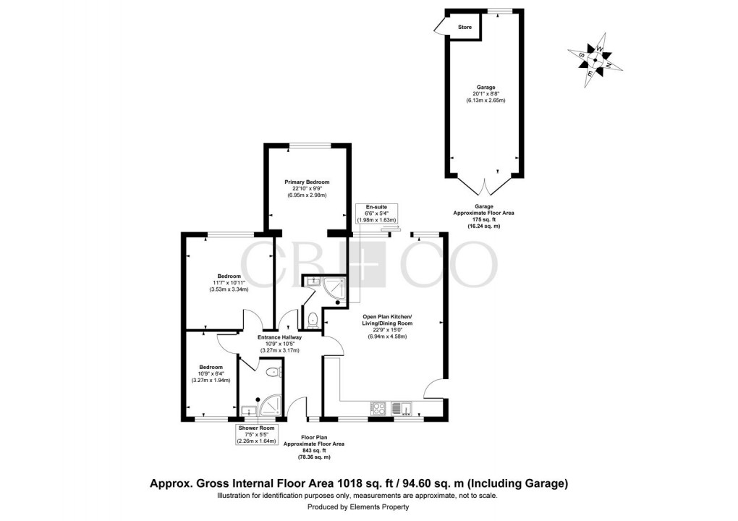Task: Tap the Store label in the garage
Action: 465,27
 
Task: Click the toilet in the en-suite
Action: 311,319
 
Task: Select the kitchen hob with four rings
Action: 380,409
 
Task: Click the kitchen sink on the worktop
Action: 405,410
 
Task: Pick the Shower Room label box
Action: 257,433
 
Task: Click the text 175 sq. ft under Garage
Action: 482,220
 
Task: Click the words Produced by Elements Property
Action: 357,508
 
